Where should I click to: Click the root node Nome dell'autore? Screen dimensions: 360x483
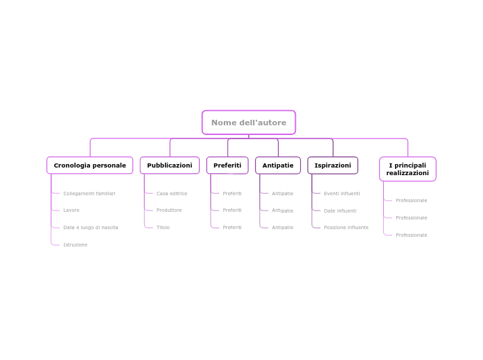click(248, 123)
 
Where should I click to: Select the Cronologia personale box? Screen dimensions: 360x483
click(89, 165)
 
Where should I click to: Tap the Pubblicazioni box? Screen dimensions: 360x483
click(169, 165)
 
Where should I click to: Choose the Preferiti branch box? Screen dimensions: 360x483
click(227, 165)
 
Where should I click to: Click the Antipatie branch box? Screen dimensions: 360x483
click(277, 165)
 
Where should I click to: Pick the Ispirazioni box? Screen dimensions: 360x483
click(333, 165)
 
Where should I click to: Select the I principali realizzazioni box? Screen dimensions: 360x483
click(407, 169)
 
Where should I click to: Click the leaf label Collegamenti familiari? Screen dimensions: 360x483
click(89, 194)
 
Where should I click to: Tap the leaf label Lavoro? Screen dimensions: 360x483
click(71, 210)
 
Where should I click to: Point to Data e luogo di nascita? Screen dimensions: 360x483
click(90, 228)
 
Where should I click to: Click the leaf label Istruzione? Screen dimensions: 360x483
click(75, 245)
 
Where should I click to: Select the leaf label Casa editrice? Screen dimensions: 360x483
click(172, 194)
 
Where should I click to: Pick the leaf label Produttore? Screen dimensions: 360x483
click(169, 210)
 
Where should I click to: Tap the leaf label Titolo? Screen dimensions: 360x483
click(163, 228)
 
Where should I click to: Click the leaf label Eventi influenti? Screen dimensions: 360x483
click(342, 194)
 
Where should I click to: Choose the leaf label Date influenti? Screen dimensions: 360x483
click(340, 211)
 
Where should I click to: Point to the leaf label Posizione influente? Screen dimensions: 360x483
click(346, 228)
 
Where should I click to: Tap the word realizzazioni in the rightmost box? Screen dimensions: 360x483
click(407, 173)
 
